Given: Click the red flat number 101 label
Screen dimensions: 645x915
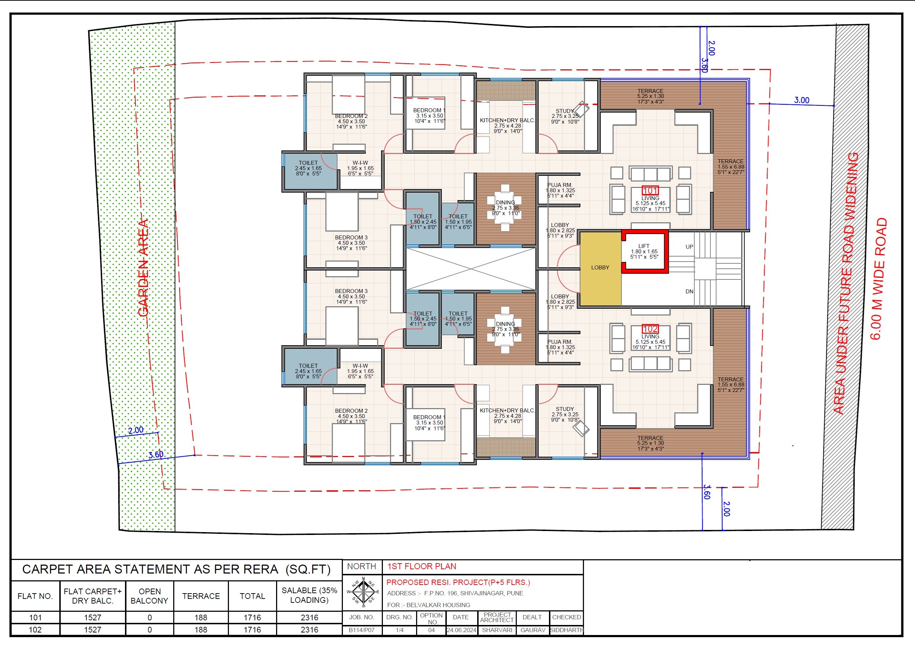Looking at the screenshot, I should coord(650,190).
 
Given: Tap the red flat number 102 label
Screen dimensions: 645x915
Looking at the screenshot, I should coord(650,329).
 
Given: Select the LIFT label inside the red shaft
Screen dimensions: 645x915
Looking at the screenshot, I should coord(644,246).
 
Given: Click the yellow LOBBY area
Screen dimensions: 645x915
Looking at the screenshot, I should coord(600,268).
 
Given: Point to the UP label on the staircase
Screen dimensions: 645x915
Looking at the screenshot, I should coord(689,247).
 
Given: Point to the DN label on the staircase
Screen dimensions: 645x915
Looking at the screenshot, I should coord(689,291).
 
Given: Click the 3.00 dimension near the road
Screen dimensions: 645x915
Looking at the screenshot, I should coord(801,100).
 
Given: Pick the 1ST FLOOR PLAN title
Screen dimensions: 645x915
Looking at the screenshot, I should coord(422,566).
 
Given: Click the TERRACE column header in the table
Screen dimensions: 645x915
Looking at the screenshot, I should coord(201,596).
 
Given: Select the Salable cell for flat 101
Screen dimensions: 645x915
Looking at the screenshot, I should coord(309,617).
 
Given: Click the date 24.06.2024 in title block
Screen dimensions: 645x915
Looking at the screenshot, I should coord(461,630).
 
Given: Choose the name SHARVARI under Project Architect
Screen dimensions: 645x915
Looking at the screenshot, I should coord(497,630).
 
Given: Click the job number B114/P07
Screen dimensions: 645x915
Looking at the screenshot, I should coord(361,630).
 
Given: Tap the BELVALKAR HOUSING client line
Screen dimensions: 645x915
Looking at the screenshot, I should coord(429,605).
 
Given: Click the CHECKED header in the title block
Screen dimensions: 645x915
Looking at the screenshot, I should coord(566,617).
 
